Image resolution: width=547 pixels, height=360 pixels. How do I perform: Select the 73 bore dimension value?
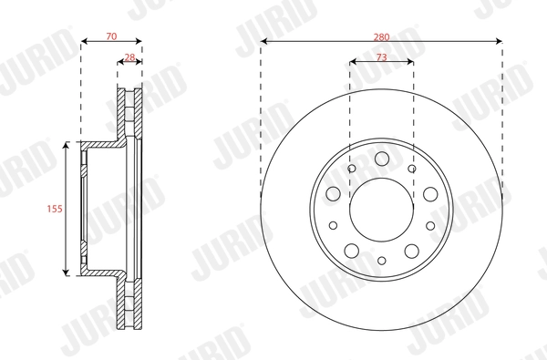tap(381, 57)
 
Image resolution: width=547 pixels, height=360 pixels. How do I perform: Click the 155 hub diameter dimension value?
tap(54, 208)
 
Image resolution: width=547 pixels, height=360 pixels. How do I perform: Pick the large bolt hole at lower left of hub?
tap(350, 252)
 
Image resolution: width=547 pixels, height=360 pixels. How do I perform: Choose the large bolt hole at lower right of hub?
tap(412, 252)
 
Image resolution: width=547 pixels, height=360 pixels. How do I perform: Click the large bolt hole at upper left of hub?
tap(334, 193)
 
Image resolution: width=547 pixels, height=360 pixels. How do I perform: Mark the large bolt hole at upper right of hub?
tap(428, 193)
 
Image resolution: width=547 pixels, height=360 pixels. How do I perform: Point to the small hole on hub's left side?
tap(333, 225)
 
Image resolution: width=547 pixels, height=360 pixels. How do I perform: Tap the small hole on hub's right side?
tap(429, 225)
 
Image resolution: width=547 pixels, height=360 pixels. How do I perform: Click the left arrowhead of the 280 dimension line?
tap(263, 41)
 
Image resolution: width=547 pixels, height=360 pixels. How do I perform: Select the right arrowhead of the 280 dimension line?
tap(499, 41)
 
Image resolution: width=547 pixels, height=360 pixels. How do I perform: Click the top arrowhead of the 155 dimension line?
tap(67, 146)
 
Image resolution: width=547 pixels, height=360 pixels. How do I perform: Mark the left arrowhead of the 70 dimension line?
tap(84, 41)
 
